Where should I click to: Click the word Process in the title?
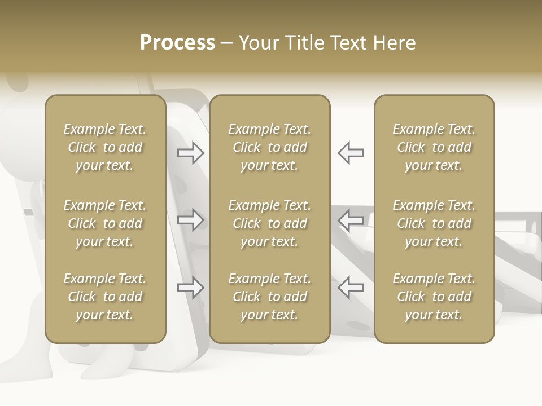tap(177, 43)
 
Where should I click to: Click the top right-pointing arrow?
tap(191, 152)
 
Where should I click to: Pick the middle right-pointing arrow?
tap(191, 220)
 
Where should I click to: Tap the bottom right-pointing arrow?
tap(191, 288)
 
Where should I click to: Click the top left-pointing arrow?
tap(351, 152)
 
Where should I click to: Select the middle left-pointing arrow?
tap(351, 220)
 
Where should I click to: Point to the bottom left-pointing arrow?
tap(351, 288)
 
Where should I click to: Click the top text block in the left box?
tap(105, 147)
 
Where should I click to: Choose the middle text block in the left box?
tap(105, 223)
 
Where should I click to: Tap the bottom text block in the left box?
tap(105, 297)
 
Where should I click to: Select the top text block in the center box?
tap(269, 147)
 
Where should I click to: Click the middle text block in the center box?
tap(269, 223)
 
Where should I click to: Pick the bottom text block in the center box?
tap(269, 297)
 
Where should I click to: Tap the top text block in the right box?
tap(434, 147)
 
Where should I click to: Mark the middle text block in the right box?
tap(434, 223)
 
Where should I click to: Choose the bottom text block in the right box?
tap(434, 297)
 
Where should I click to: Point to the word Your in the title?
tap(257, 43)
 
